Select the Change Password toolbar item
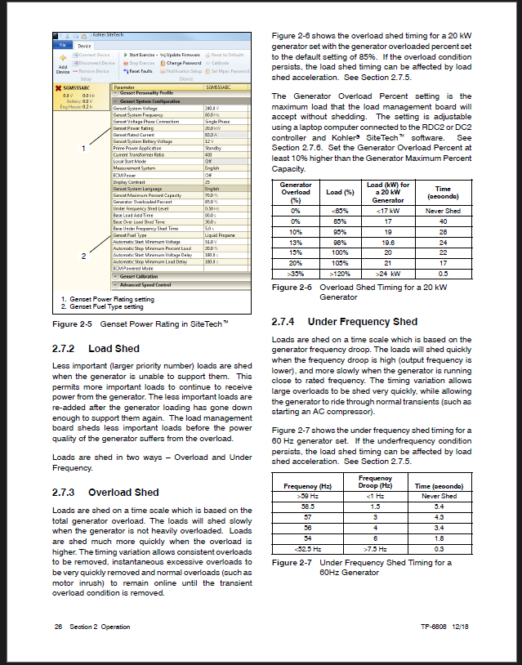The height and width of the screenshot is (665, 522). [181, 63]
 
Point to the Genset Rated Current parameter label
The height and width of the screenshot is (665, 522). [135, 135]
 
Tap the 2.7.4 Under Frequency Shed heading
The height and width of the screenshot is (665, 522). [345, 322]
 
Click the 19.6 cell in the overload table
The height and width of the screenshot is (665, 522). [389, 242]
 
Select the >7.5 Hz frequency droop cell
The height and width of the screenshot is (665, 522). [374, 548]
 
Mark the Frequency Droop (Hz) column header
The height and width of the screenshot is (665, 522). [374, 481]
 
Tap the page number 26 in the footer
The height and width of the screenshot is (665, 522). [58, 627]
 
